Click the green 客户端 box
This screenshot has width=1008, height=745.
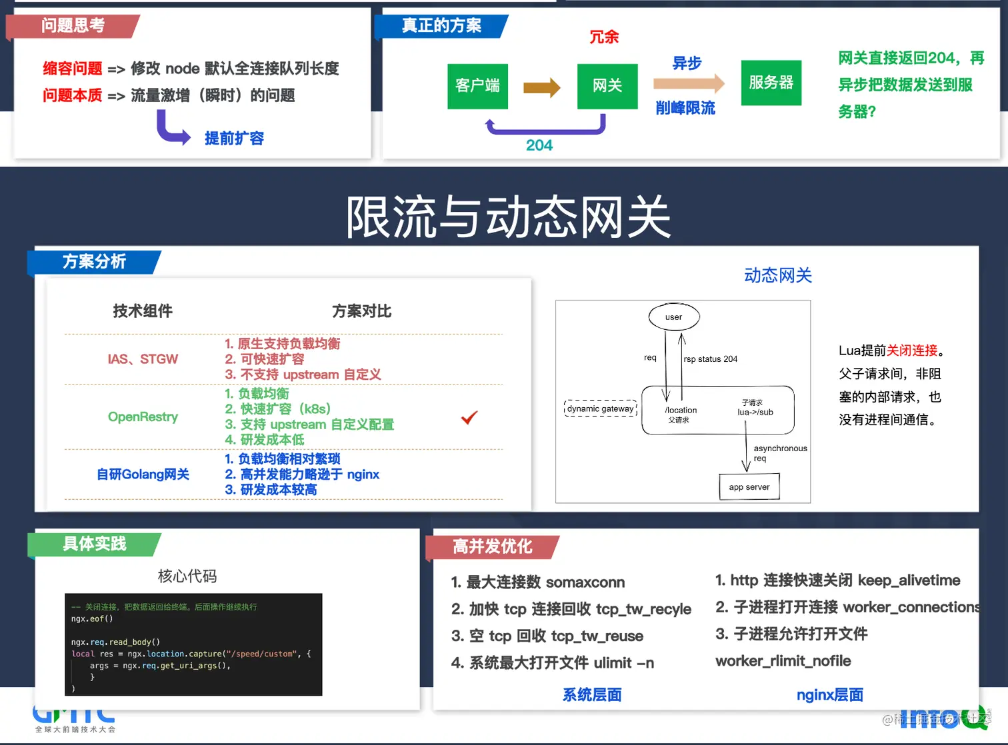coord(477,86)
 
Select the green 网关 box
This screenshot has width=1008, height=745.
coord(607,86)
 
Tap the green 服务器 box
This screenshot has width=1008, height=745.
coord(771,83)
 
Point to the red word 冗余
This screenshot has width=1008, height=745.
coord(604,37)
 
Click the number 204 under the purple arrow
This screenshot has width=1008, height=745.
coord(539,145)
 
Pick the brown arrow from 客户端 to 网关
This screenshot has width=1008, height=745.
coord(542,87)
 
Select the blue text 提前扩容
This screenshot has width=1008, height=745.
coord(234,139)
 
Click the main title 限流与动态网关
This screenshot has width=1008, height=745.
coord(508,217)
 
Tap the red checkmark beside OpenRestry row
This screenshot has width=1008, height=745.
coord(469,418)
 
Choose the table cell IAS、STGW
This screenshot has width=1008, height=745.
coord(143,359)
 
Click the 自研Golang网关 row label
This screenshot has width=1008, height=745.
coord(143,474)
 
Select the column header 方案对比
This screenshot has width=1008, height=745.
coord(361,311)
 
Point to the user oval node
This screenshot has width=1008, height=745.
coord(674,317)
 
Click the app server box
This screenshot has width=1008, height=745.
coord(749,487)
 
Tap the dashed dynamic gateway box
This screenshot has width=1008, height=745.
coord(600,408)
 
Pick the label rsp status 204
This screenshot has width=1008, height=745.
coord(711,359)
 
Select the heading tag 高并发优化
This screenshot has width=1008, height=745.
coord(492,547)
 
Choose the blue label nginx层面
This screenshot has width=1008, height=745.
coord(829,695)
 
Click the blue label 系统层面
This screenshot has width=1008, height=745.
coord(592,695)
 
